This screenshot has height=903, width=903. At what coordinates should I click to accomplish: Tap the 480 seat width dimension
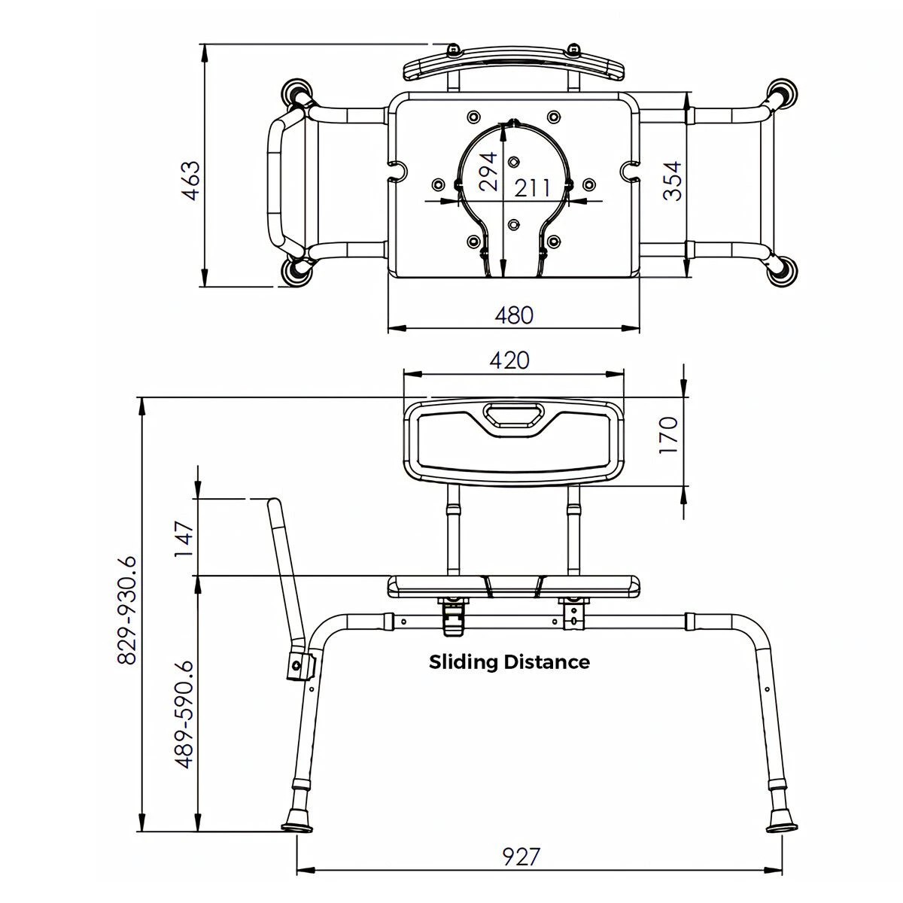(513, 315)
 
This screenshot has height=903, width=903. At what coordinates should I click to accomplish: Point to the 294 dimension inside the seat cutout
(488, 173)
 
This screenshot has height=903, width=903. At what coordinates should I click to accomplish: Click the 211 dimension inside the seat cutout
(533, 187)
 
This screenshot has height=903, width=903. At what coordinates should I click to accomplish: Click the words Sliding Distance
(509, 662)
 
